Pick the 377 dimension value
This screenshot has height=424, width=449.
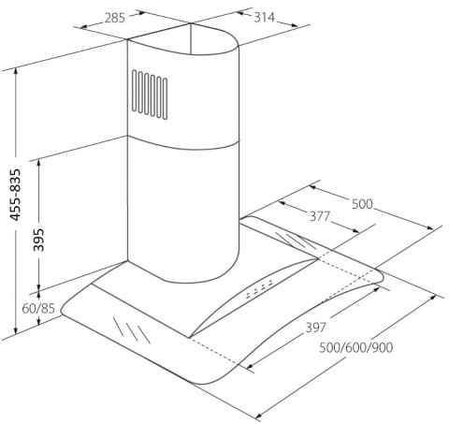coord(321,217)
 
